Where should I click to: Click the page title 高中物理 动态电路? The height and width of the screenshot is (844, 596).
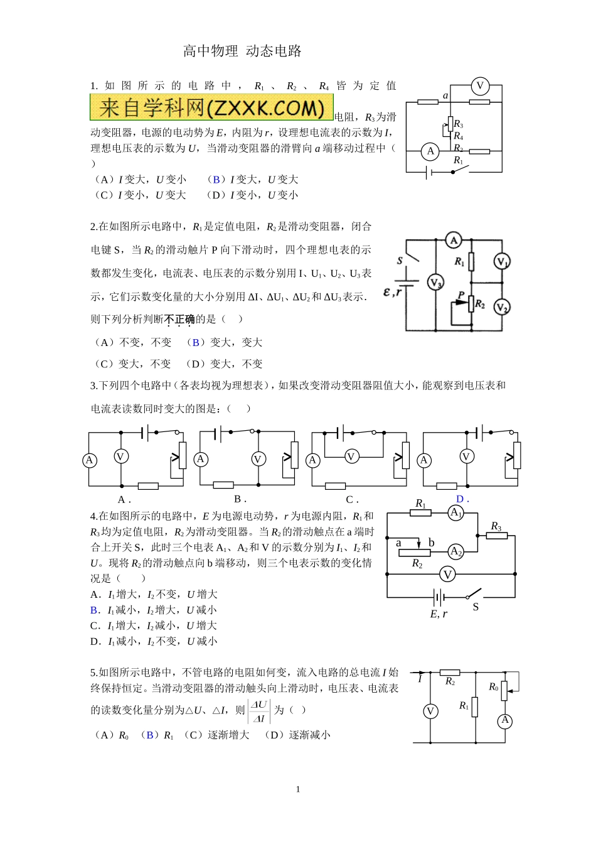pos(242,51)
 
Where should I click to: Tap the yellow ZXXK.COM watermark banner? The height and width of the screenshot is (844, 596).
pos(211,107)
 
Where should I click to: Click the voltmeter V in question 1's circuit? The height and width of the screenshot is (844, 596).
pos(480,86)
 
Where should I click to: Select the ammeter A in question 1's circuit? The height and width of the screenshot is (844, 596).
pos(430,151)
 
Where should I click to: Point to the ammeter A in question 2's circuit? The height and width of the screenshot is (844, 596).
pos(454,240)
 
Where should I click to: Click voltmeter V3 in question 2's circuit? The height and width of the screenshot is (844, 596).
pos(435,283)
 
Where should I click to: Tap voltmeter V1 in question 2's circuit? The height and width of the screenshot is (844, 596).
pos(501,261)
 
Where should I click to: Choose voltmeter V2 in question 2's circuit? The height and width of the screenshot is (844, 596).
pos(501,306)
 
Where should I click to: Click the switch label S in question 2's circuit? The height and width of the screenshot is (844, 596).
pos(400,260)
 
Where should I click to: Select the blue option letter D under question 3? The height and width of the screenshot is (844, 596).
pos(460,499)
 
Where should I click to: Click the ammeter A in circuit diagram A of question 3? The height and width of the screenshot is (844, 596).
pos(90,460)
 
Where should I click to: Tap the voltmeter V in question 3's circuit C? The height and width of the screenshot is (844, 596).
pos(352,457)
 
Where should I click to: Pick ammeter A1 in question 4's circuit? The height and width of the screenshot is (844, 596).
pos(456,513)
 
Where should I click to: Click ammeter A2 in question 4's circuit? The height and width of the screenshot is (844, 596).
pos(456,552)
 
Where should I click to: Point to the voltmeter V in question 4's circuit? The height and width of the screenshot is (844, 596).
pos(447,574)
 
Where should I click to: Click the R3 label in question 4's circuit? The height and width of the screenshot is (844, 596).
pos(496,526)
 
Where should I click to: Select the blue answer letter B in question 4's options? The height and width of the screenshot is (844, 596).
pos(94,610)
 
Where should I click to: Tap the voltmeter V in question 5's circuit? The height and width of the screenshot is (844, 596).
pos(430,711)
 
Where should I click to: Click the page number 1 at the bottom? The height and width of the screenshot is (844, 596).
pos(298,789)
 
